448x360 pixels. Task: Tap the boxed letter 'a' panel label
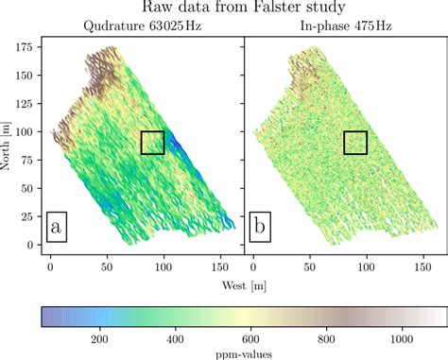[58, 228]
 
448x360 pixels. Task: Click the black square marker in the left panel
[152, 143]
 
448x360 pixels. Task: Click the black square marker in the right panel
[355, 143]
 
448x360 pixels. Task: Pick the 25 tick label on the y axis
[31, 216]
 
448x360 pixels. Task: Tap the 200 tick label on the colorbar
[100, 337]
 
